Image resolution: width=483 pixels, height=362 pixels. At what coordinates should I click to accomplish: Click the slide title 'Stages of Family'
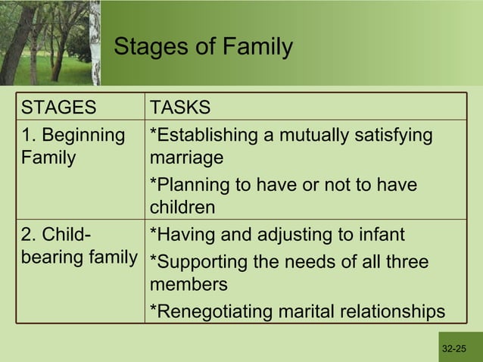pyautogui.click(x=202, y=47)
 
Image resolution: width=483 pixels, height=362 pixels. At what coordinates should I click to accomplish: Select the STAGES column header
pyautogui.click(x=59, y=107)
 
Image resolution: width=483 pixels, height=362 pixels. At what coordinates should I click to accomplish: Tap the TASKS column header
pyautogui.click(x=180, y=107)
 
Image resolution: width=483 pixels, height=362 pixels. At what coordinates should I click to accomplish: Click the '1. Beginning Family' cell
pyautogui.click(x=73, y=147)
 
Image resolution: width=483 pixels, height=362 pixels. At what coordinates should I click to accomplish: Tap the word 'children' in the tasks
pyautogui.click(x=182, y=208)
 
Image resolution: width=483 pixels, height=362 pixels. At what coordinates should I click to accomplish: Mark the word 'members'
pyautogui.click(x=188, y=285)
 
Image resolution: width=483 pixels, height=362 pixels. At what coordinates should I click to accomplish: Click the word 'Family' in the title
pyautogui.click(x=258, y=47)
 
